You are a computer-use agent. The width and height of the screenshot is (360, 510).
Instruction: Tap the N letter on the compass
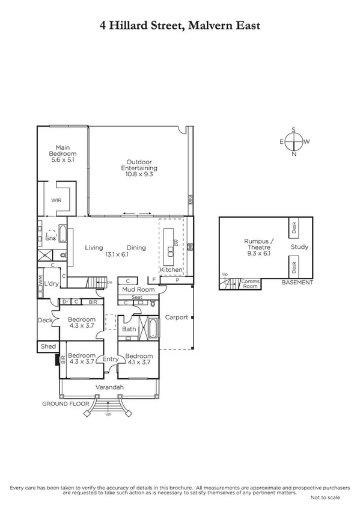click(294, 155)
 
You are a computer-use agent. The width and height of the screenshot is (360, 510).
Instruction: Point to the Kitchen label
click(169, 270)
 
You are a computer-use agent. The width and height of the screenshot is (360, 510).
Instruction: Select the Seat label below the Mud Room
click(137, 297)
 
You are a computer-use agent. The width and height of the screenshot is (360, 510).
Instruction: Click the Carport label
click(176, 317)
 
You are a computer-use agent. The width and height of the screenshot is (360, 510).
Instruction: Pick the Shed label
click(47, 346)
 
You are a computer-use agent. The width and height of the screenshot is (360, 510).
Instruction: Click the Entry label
click(110, 359)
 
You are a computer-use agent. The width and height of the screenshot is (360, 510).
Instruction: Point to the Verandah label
click(109, 387)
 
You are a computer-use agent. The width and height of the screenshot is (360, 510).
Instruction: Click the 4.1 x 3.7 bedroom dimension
click(139, 362)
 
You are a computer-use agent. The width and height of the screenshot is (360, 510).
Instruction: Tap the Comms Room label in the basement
click(249, 284)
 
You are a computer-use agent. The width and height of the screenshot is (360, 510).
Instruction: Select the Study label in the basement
click(299, 247)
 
